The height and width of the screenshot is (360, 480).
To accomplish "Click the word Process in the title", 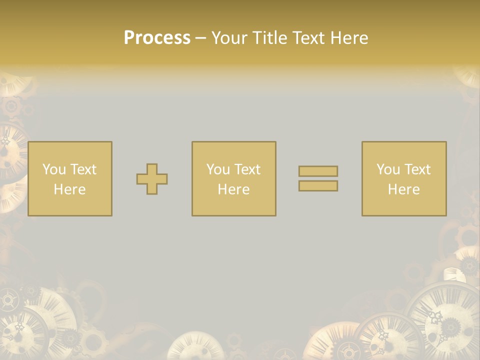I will click(157, 38).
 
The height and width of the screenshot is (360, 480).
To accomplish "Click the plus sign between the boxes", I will click(152, 179).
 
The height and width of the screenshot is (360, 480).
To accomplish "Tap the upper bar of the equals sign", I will click(318, 171).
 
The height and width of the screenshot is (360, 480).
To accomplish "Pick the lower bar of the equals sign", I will click(318, 186).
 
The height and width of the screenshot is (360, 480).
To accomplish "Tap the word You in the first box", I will click(54, 169).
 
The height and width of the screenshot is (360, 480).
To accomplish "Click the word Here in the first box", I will click(70, 189).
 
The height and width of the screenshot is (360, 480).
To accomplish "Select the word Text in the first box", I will click(83, 169).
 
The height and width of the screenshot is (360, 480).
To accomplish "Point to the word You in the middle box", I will click(218, 169).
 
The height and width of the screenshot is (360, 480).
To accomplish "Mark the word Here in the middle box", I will click(234, 189).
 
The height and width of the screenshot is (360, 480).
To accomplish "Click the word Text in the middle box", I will click(247, 169).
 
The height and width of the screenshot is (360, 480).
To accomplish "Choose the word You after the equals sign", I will click(388, 169).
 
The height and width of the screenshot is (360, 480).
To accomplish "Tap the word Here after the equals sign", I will click(404, 189).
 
